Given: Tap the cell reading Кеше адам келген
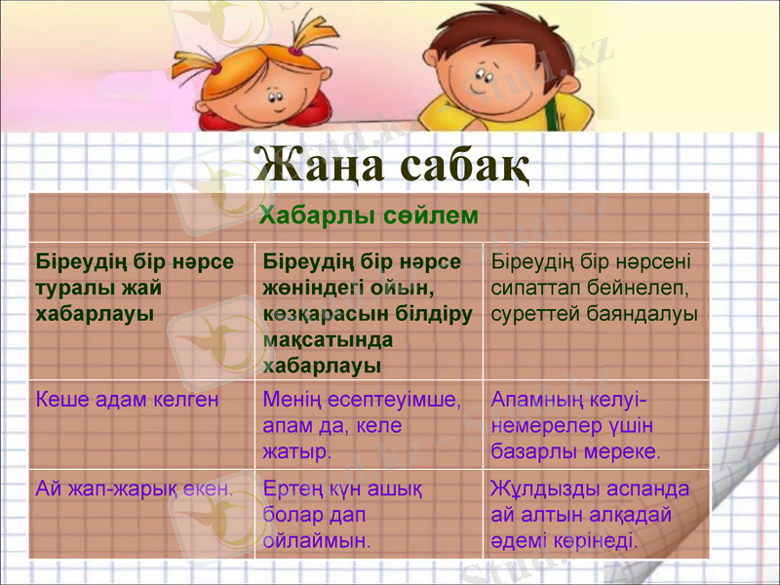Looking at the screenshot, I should pos(127,399).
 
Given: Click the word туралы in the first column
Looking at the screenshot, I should pos(70,289).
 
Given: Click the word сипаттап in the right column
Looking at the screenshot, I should pos(539,289).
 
